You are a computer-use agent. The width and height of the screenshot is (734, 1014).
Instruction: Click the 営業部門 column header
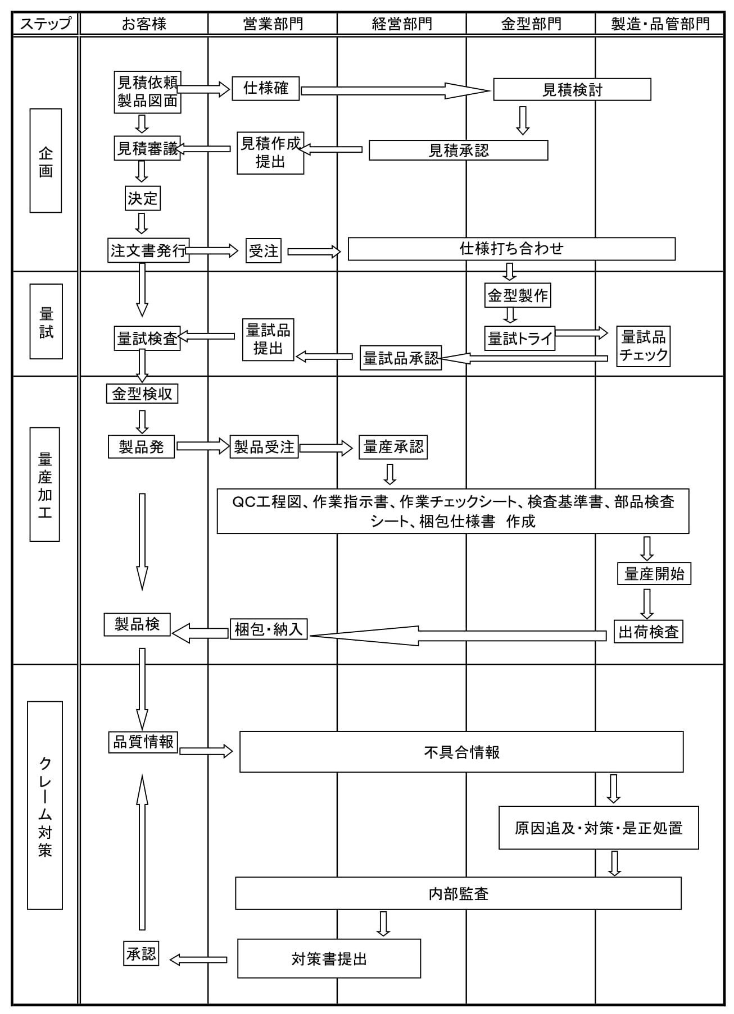[x=273, y=24]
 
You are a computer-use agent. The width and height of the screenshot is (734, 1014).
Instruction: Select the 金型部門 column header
[x=531, y=24]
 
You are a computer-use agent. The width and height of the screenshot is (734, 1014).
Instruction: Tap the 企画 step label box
[x=46, y=161]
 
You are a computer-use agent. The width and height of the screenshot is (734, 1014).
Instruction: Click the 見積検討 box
[x=572, y=90]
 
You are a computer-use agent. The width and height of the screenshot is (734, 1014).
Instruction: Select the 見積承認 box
[x=458, y=150]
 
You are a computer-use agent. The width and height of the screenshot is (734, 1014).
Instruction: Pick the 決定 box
[x=143, y=198]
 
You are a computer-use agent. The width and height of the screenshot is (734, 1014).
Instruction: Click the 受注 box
[x=264, y=251]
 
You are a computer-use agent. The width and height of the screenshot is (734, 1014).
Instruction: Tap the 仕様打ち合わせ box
[x=511, y=249]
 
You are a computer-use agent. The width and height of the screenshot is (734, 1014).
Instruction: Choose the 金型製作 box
[x=518, y=295]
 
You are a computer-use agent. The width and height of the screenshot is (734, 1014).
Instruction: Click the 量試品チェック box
[x=644, y=346]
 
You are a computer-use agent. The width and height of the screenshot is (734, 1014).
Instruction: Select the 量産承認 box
[x=393, y=447]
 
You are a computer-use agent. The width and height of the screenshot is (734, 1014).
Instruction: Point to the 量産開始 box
[x=654, y=573]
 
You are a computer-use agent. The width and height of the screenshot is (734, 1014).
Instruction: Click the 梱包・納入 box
[x=269, y=629]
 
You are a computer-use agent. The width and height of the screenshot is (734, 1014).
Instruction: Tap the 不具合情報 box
[x=461, y=752]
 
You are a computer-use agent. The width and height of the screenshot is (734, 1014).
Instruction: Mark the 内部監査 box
[x=458, y=893]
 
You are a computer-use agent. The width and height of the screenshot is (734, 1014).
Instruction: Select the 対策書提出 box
[x=329, y=958]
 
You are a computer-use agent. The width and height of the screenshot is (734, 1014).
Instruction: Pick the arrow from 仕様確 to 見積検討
[x=396, y=90]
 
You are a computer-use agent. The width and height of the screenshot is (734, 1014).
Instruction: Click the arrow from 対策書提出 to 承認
[x=198, y=960]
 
